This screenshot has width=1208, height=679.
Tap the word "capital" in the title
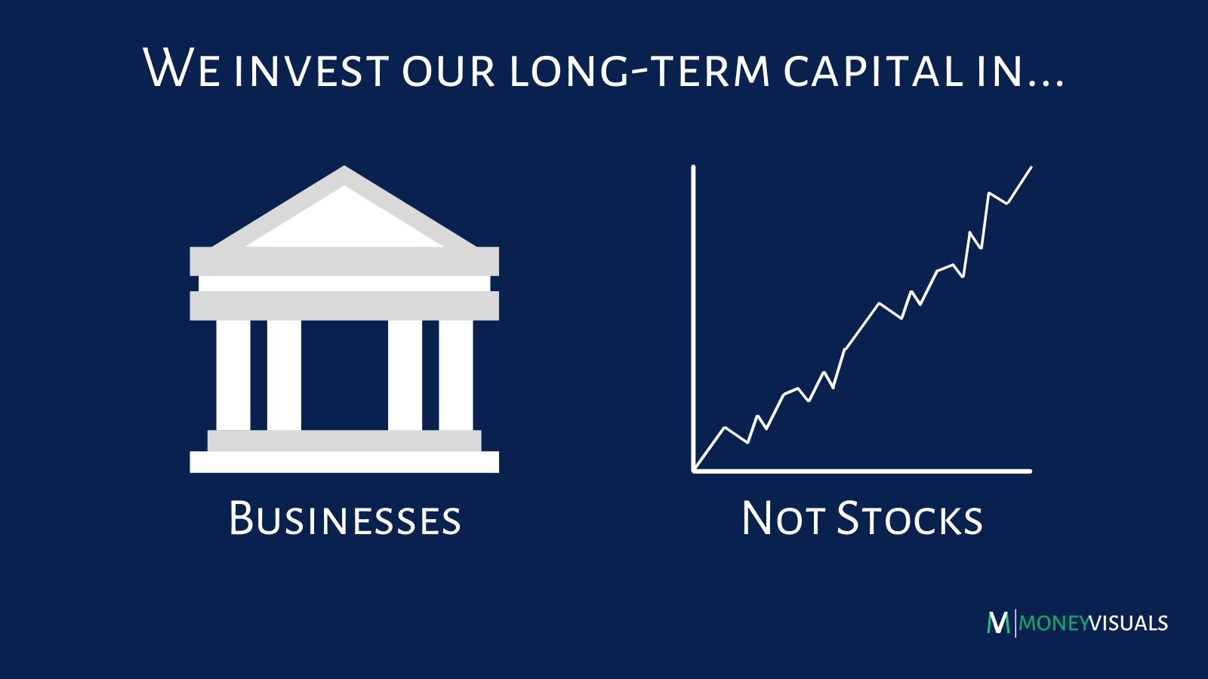[x=873, y=70]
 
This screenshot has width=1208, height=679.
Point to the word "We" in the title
[x=181, y=68]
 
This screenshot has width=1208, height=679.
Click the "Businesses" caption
[x=344, y=518]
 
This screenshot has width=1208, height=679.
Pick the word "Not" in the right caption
[x=783, y=518]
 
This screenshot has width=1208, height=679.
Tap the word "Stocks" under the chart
[x=910, y=518]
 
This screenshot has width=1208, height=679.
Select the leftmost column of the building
[x=233, y=375]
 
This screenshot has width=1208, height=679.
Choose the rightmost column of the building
[x=456, y=375]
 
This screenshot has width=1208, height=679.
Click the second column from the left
[x=284, y=375]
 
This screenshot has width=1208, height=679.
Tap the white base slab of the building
[x=344, y=462]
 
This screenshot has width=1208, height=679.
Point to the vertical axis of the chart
[x=693, y=318]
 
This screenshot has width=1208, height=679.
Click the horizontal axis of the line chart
[x=861, y=471]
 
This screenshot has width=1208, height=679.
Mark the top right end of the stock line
[x=1031, y=167]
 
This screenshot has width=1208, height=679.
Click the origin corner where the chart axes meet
[x=694, y=471]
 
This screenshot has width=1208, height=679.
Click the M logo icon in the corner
[x=998, y=623]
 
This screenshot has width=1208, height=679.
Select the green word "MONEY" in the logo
[x=1054, y=623]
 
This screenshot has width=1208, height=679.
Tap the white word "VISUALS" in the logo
[x=1129, y=623]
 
